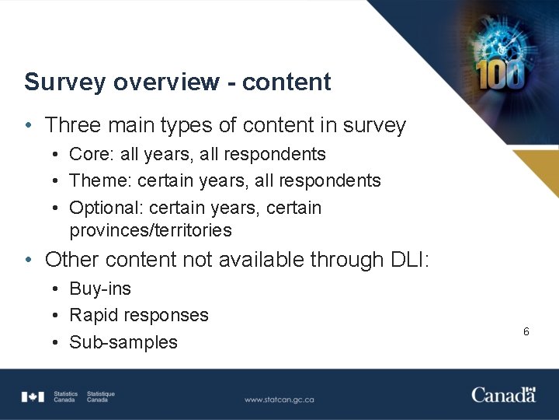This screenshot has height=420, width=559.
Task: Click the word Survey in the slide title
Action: (60, 82)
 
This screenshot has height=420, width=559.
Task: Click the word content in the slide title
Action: (286, 82)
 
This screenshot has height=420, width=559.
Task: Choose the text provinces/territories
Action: (151, 231)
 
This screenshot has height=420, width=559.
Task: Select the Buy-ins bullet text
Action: (100, 289)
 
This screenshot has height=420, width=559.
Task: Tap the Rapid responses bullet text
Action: (139, 316)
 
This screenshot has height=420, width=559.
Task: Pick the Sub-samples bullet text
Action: (123, 342)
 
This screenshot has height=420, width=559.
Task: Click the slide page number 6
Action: (526, 332)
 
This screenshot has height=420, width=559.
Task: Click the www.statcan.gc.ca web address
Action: (279, 400)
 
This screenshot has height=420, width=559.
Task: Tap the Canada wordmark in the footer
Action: (503, 395)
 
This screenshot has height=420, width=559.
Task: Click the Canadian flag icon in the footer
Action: (33, 397)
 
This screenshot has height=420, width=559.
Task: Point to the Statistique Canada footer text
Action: (100, 397)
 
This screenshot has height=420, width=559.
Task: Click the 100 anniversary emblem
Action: (502, 73)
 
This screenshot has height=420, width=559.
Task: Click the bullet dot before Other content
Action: (28, 260)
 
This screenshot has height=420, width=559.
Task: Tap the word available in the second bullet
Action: (260, 260)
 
